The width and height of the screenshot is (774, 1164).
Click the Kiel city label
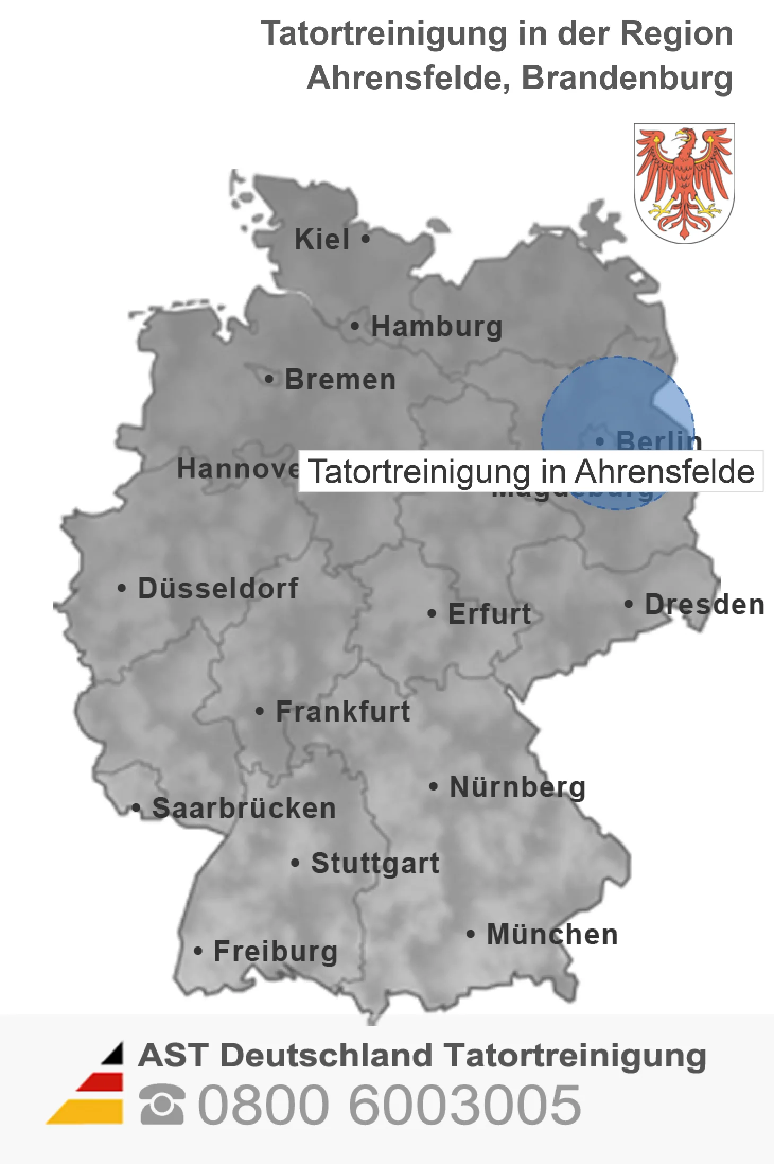[322, 239]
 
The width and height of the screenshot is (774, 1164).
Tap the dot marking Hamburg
[355, 326]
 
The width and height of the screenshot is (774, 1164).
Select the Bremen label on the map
[340, 380]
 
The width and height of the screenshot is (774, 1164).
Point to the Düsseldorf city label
[218, 588]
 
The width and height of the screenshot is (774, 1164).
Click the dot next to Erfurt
[432, 614]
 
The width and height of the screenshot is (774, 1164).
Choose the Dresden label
[704, 605]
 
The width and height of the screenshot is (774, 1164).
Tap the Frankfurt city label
[343, 711]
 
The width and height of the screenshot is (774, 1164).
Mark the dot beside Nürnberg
[434, 786]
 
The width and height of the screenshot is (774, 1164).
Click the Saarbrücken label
[244, 809]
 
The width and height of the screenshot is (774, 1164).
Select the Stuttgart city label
[375, 863]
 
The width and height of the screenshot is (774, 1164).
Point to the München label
[552, 935]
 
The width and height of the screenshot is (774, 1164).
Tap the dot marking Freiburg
[198, 951]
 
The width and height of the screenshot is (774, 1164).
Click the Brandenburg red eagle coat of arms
[684, 183]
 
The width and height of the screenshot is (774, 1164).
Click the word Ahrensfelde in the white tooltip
[664, 472]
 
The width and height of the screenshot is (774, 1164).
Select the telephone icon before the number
[162, 1105]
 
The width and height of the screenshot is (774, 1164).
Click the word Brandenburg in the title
[627, 78]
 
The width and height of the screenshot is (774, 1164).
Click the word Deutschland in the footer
[327, 1055]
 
